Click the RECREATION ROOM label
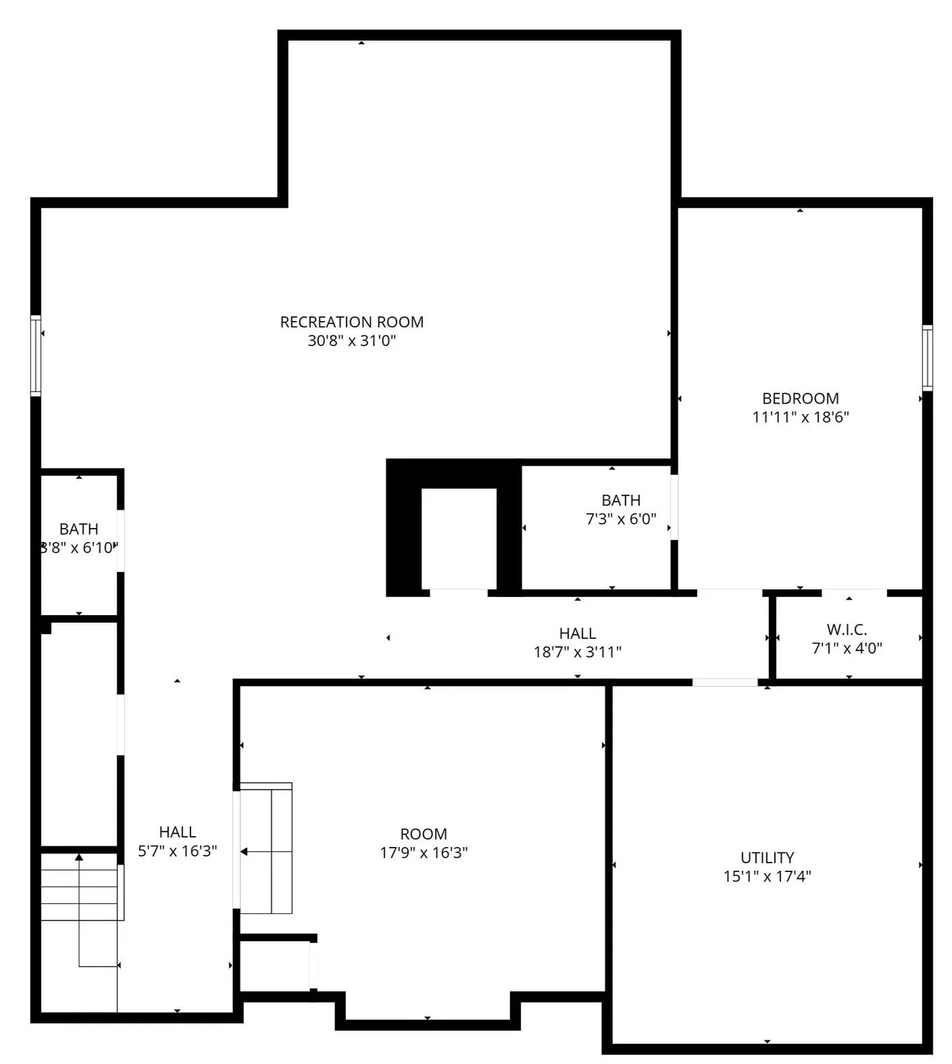click(x=351, y=322)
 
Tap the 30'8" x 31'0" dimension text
click(x=351, y=341)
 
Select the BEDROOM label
click(x=800, y=398)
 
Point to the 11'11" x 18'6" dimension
click(x=800, y=417)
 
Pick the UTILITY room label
click(x=767, y=857)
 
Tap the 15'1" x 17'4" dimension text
click(x=767, y=876)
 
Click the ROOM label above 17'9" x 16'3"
click(x=423, y=833)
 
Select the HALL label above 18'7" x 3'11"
click(x=577, y=633)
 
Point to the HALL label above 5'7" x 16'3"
click(x=177, y=831)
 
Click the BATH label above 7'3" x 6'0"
click(x=620, y=500)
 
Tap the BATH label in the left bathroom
click(x=78, y=529)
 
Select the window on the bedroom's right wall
click(x=927, y=358)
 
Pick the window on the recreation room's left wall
click(x=36, y=355)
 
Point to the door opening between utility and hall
click(x=724, y=682)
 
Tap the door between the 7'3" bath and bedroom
click(x=674, y=507)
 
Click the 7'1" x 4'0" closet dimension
click(x=846, y=648)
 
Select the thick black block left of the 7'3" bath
click(x=403, y=527)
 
